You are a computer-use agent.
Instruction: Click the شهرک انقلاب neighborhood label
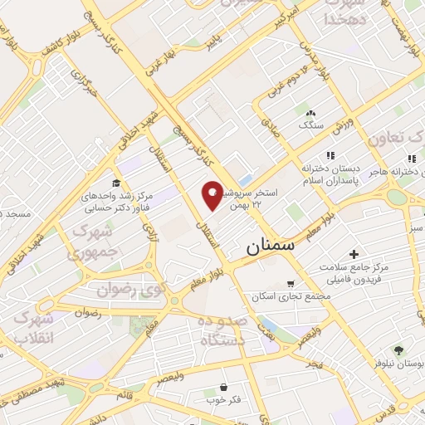tap(36, 329)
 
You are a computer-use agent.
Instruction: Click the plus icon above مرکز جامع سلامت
tap(354, 254)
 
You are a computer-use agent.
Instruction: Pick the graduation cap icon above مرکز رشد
tap(116, 183)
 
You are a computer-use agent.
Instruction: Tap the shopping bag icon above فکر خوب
tap(223, 387)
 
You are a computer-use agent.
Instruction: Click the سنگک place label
tap(311, 125)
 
